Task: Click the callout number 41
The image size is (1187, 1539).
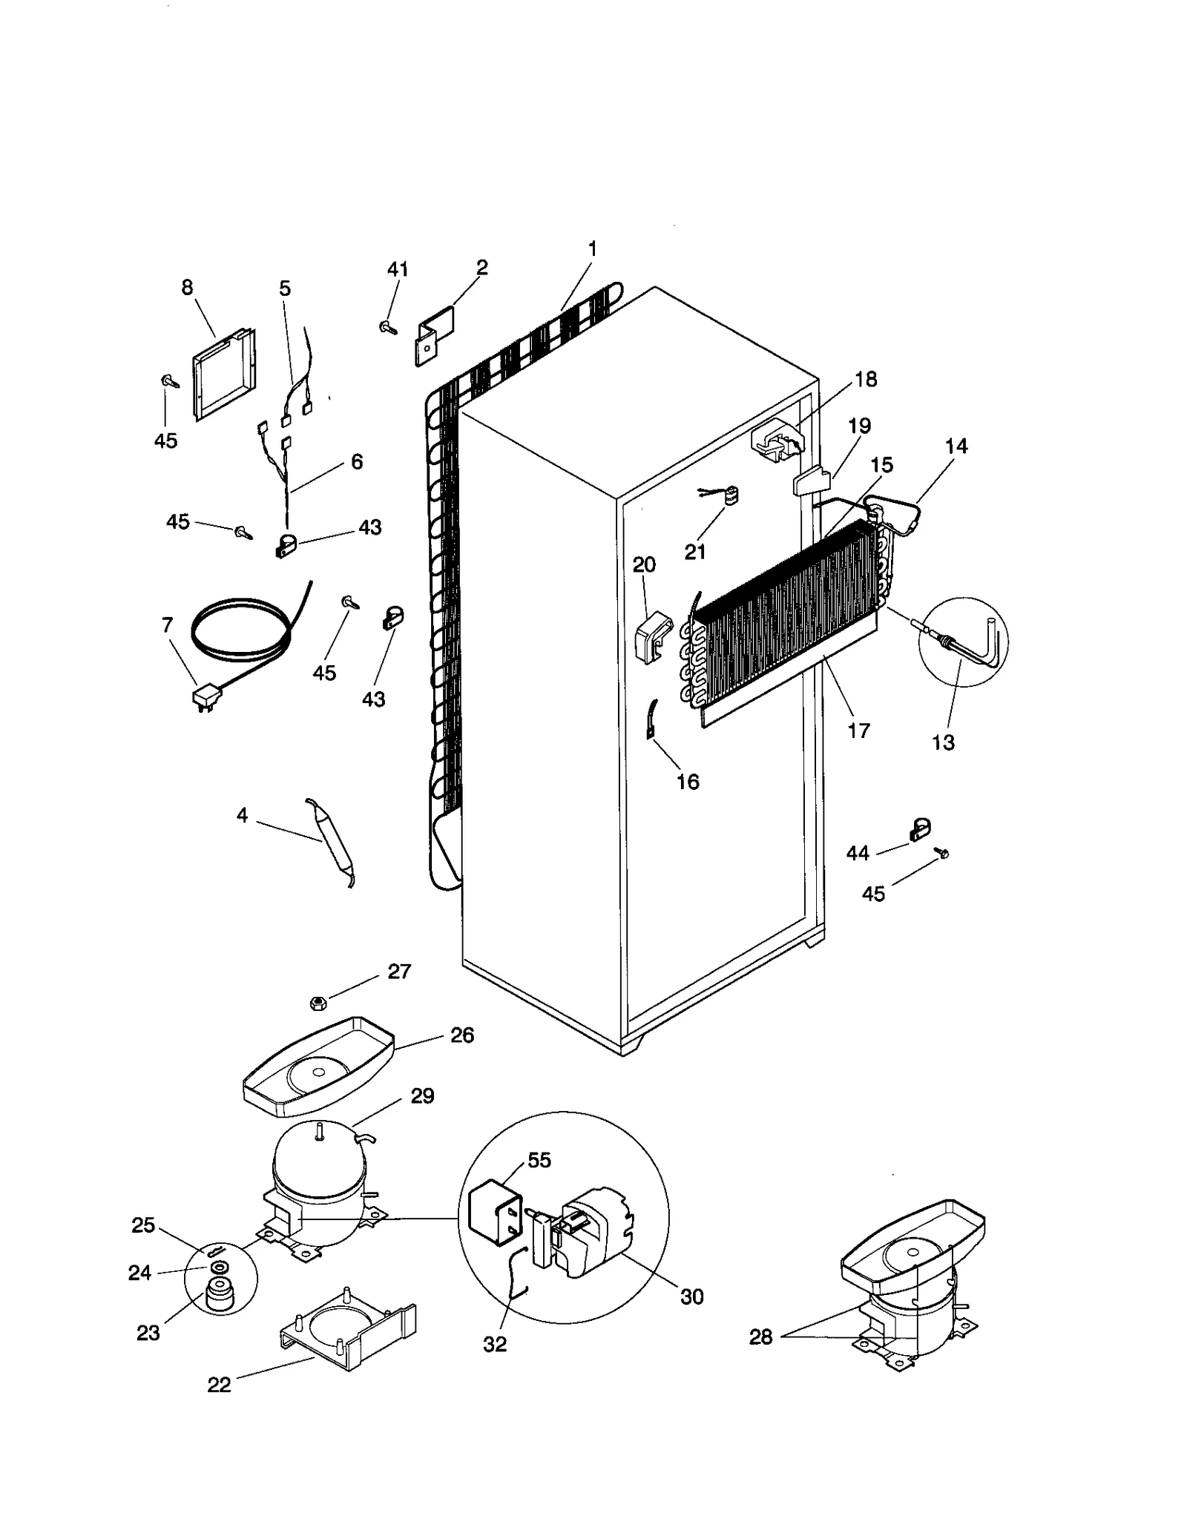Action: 398,269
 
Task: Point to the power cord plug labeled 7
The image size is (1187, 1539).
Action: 205,697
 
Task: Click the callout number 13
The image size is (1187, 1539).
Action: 943,742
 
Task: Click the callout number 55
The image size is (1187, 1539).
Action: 539,1159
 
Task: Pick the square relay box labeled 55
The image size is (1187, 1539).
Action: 490,1209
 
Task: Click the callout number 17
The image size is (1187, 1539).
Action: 858,731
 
